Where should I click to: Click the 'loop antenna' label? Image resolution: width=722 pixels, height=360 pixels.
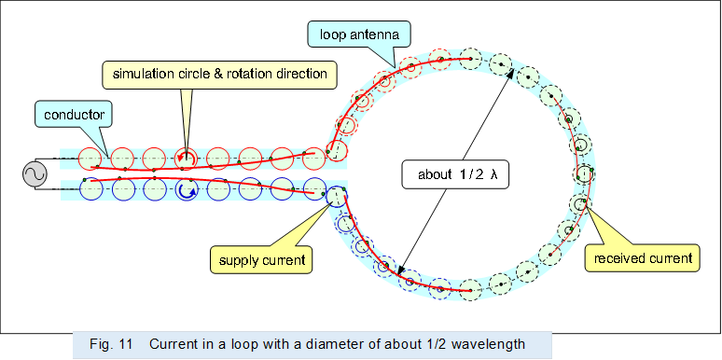[354, 35]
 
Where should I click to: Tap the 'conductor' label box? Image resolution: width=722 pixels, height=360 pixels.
[75, 115]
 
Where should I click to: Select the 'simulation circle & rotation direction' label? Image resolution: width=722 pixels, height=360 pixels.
[219, 73]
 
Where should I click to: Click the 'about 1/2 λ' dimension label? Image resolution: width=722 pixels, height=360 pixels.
[454, 173]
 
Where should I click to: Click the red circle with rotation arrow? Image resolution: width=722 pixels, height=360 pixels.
[186, 158]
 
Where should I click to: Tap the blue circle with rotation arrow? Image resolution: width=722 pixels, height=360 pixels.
[186, 190]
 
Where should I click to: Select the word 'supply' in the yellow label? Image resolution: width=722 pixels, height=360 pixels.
[238, 257]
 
